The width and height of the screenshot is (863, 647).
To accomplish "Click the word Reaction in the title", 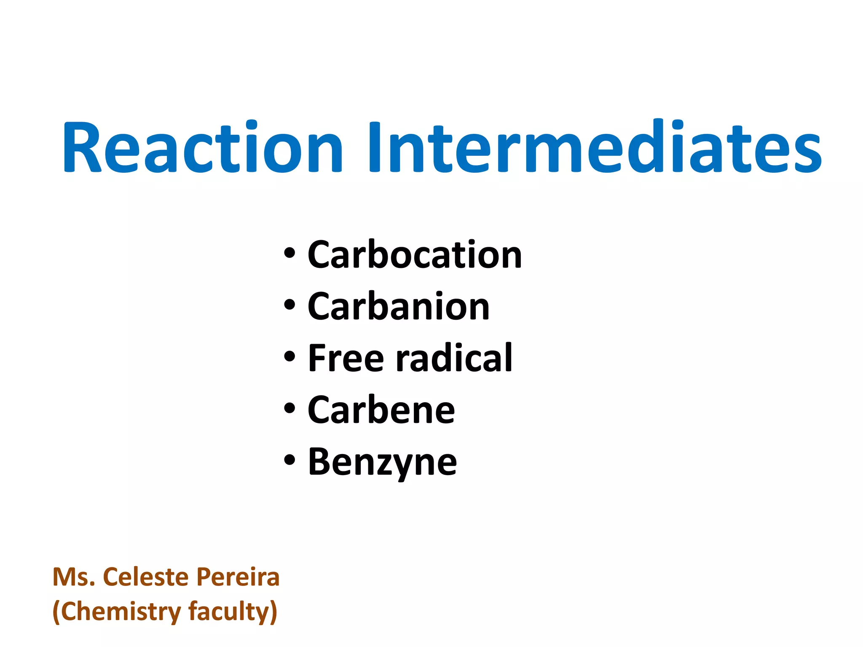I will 202,147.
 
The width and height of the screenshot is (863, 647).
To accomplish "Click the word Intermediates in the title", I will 594,147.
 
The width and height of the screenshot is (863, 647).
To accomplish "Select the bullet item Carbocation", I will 415,254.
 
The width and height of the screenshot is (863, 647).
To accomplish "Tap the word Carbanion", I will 399,306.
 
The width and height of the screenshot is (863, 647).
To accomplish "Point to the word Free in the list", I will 346,358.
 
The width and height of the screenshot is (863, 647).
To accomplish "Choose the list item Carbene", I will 381,410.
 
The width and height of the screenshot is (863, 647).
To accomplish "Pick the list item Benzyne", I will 382,462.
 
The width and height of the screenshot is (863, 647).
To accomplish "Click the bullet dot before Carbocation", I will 289,254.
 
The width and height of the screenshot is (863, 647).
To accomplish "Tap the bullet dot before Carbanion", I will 289,305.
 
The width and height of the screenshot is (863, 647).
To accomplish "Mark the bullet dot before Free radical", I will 289,357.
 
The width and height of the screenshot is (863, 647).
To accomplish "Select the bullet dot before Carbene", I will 289,409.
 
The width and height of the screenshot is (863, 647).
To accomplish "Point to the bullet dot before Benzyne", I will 289,461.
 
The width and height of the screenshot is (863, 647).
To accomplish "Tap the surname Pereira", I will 238,577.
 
